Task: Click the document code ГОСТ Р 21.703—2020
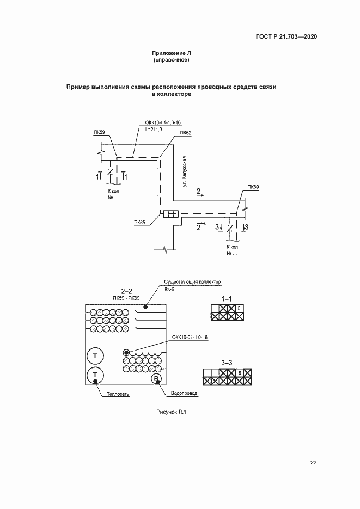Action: pos(286,36)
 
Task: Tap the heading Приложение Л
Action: pos(171,53)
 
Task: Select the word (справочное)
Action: pos(171,60)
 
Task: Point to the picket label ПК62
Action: pos(185,132)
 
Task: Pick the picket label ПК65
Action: pos(139,223)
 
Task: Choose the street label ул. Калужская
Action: pos(185,171)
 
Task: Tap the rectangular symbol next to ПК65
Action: pos(171,214)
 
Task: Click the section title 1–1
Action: pos(227,299)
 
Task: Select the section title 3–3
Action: pos(227,363)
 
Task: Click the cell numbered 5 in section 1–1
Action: pos(239,308)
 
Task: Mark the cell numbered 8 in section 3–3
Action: pos(240,373)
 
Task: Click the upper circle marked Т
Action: pos(95,356)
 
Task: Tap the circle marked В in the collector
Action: pos(156,379)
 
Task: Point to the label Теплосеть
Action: pos(118,394)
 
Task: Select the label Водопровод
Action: pos(184,393)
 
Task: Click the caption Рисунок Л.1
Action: pos(171,412)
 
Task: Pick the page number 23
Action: pos(313,463)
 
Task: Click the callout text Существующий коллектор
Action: pos(192,282)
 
